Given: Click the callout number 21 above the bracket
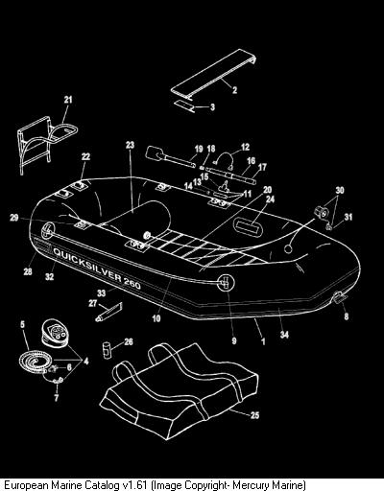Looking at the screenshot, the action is click(x=68, y=100).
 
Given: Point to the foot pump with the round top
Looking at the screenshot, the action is click(x=55, y=332).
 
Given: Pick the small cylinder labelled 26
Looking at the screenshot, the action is click(x=107, y=351).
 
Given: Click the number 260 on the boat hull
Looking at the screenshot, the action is click(x=132, y=283).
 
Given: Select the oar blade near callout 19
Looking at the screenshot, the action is click(x=152, y=152).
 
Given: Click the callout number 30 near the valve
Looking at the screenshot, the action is click(x=340, y=190).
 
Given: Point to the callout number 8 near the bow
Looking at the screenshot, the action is click(x=347, y=316).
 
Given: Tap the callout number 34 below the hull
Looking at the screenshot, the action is click(x=284, y=335).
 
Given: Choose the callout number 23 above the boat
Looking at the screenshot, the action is click(x=130, y=145).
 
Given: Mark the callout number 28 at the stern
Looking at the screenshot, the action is click(x=28, y=271).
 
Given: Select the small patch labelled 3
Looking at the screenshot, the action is click(x=185, y=105).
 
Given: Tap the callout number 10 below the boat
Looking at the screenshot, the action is click(x=156, y=318).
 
